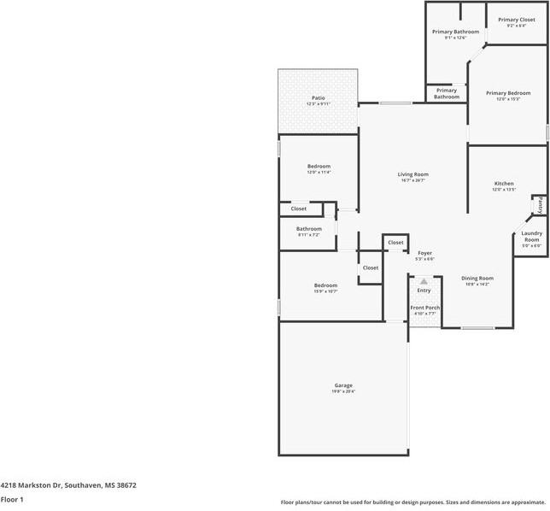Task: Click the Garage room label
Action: tap(343, 385)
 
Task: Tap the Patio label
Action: tap(318, 98)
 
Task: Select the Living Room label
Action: tap(412, 174)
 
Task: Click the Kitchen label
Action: tap(504, 184)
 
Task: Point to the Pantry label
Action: tap(540, 205)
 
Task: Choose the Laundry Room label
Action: tap(532, 236)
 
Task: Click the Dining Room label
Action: tap(477, 279)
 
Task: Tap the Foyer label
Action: tap(424, 253)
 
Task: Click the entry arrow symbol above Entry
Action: tap(424, 280)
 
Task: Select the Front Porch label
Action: tap(425, 308)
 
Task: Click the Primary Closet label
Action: tap(516, 20)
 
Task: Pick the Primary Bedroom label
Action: tap(508, 93)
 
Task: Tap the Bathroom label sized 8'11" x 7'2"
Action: tap(309, 229)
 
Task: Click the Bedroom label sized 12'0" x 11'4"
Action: tap(319, 166)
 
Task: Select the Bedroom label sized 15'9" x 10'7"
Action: tap(325, 285)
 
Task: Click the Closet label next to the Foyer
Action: tap(395, 243)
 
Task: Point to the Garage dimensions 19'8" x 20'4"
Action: tap(343, 391)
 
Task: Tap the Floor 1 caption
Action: tap(12, 498)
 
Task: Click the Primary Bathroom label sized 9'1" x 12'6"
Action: tap(455, 32)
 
